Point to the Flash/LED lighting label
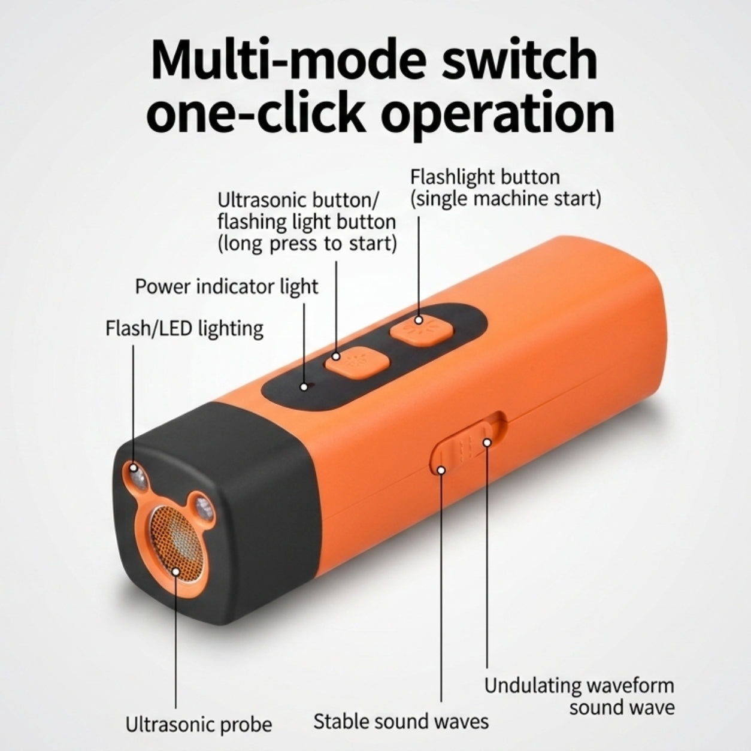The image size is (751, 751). click(x=184, y=329)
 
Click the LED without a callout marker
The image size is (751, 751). click(x=204, y=508)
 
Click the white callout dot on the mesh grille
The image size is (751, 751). click(x=176, y=572)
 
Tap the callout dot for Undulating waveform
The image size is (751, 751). click(x=487, y=443)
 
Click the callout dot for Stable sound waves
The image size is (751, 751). click(x=441, y=470)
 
